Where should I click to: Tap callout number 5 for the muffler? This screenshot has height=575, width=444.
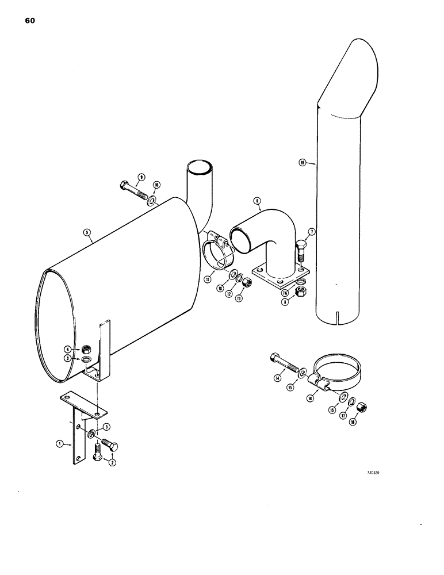click(86, 232)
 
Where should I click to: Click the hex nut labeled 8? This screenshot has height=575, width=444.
click(300, 293)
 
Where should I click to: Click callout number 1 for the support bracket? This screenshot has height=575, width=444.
click(59, 443)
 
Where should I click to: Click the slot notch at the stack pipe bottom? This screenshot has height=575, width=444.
click(339, 316)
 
